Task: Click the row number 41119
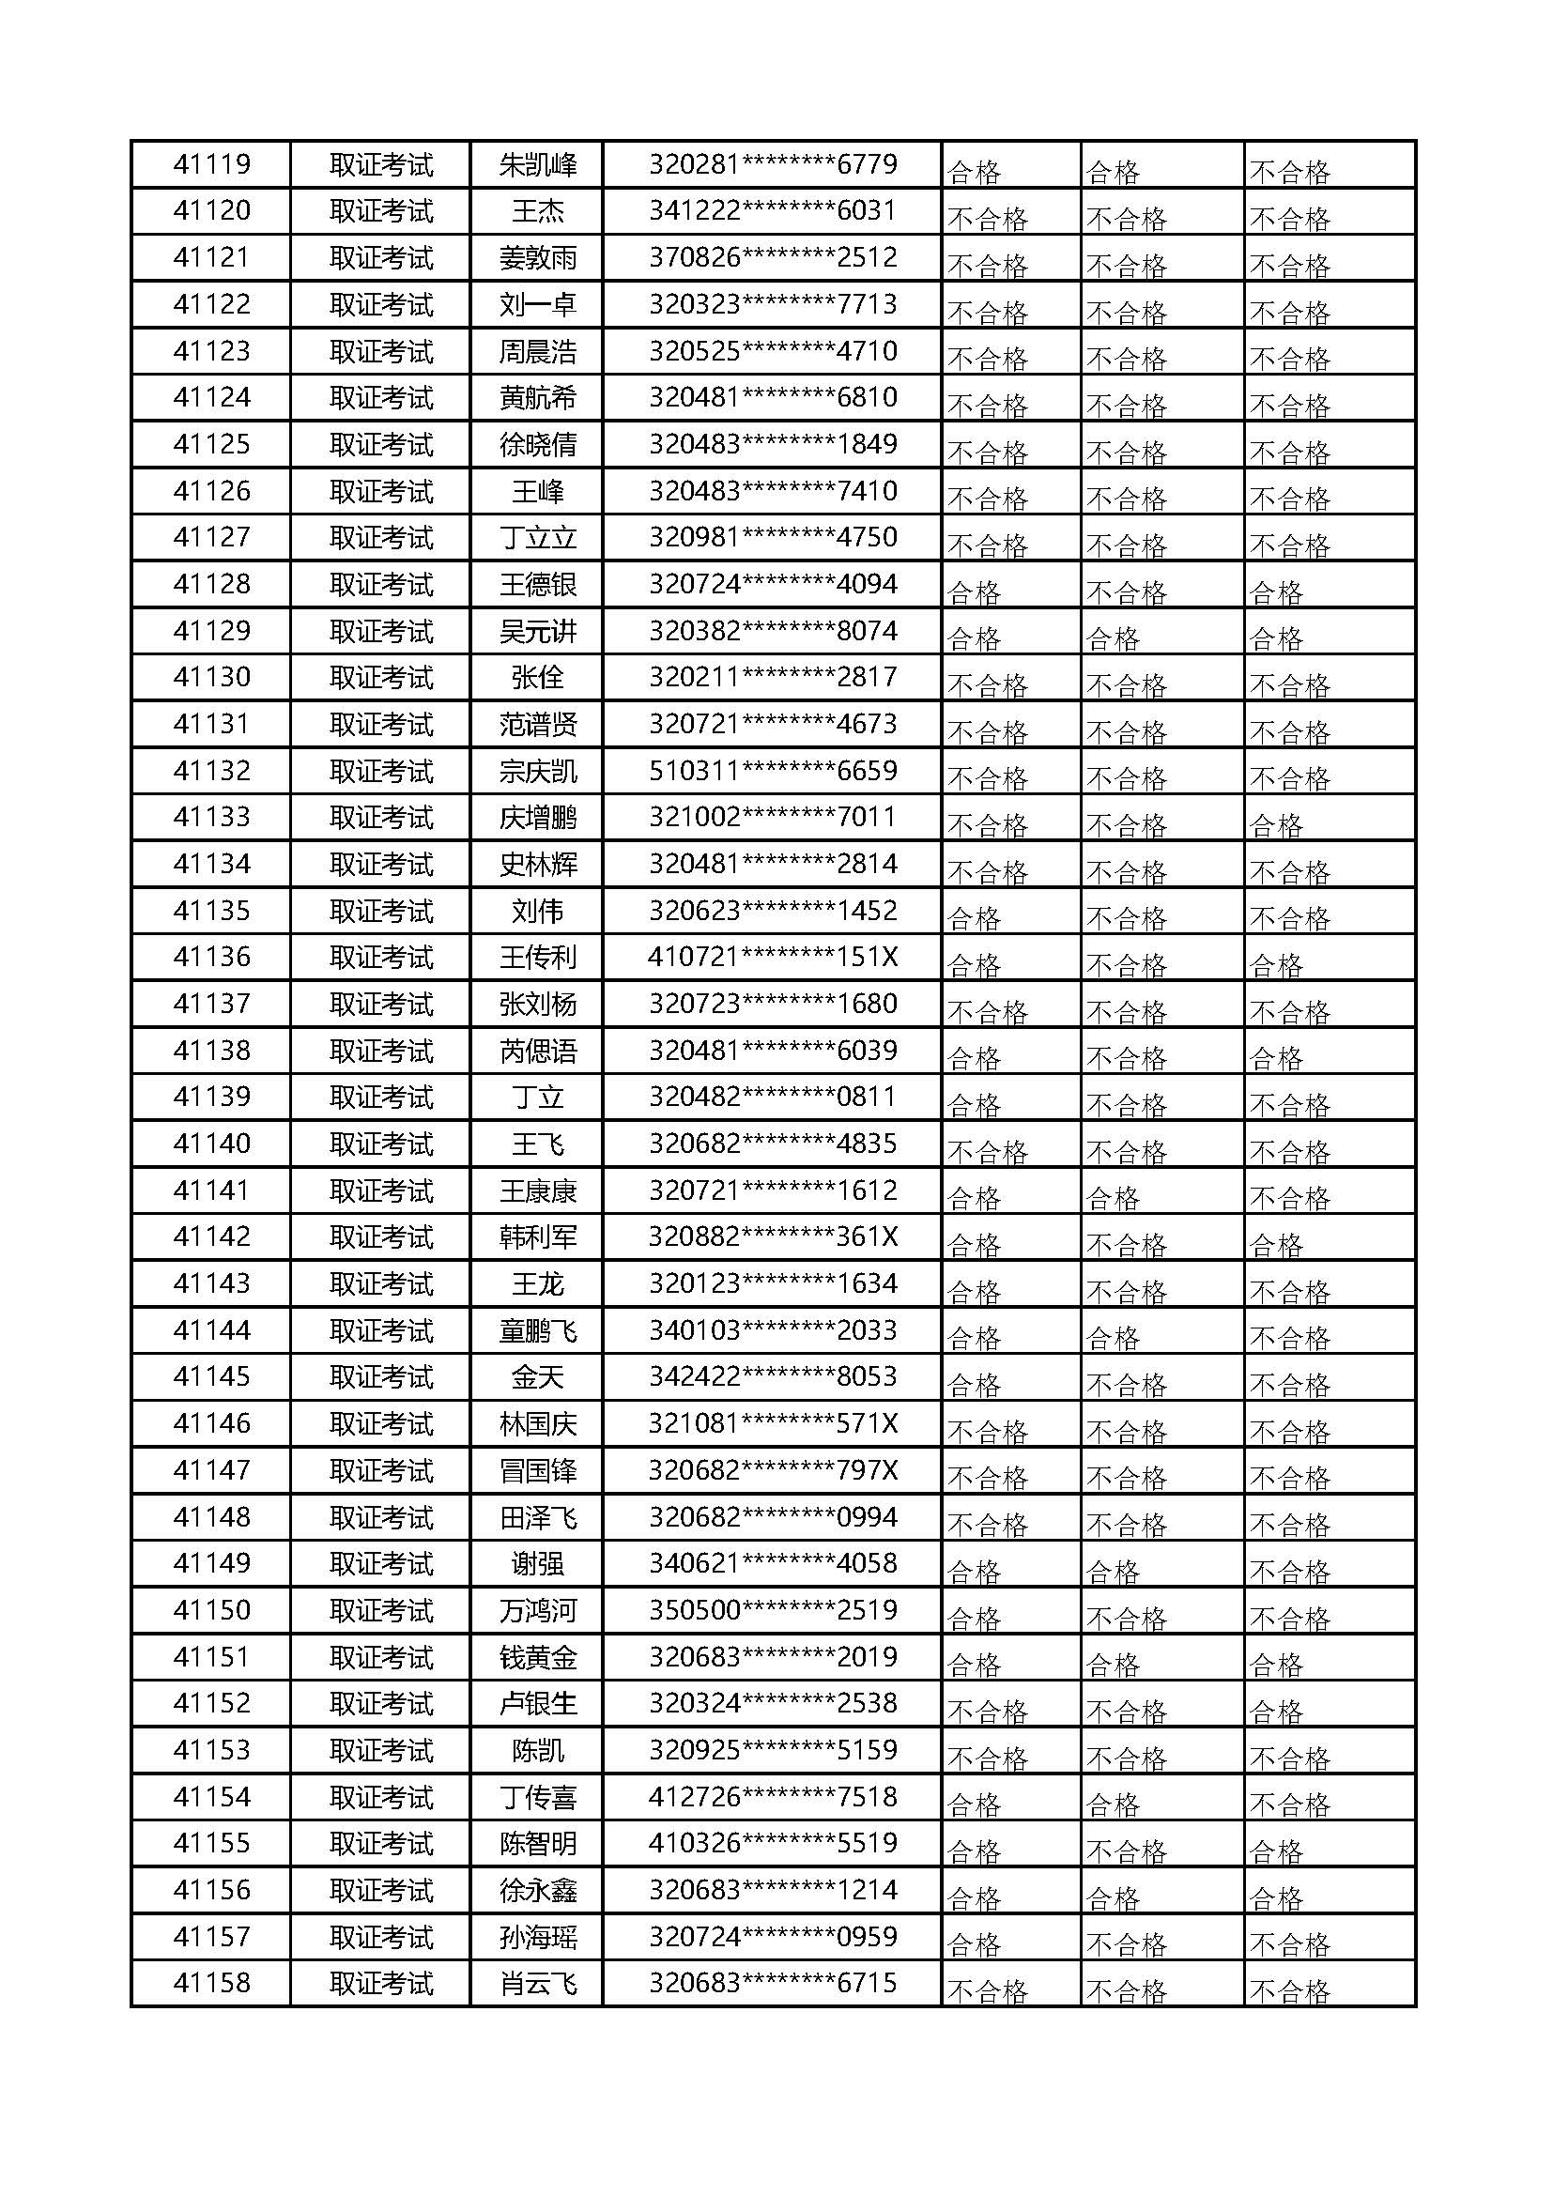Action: tap(211, 164)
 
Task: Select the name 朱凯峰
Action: tap(537, 165)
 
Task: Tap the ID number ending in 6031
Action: tap(773, 210)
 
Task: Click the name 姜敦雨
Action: tap(537, 258)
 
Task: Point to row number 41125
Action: tap(211, 445)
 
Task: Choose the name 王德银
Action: tap(537, 584)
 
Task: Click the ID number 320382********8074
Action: tap(773, 631)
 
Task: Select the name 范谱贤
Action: tap(537, 725)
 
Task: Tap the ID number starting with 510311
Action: tap(773, 771)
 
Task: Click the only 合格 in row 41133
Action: tap(1276, 824)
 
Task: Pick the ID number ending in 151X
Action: tap(773, 958)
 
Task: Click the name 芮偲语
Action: tap(537, 1052)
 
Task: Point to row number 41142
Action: tap(211, 1236)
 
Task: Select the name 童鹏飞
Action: tap(537, 1330)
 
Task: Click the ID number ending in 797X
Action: tap(773, 1470)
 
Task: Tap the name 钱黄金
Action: tap(537, 1657)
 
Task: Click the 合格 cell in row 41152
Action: tap(1276, 1712)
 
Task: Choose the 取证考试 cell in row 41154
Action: tap(380, 1797)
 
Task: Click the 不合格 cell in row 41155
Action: tap(1127, 1851)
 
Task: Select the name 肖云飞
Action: tap(537, 1984)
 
